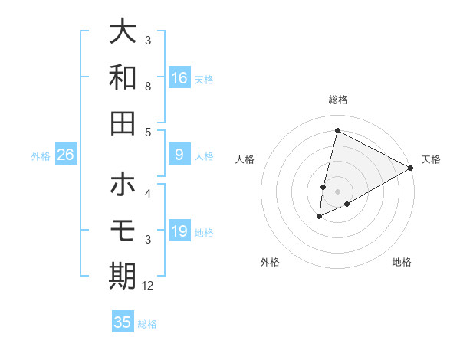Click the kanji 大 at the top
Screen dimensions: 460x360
pyautogui.click(x=123, y=31)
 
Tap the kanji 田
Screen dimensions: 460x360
pyautogui.click(x=123, y=123)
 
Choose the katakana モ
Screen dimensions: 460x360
pyautogui.click(x=123, y=230)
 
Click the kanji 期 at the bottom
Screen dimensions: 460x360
pyautogui.click(x=123, y=276)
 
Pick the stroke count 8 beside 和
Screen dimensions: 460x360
pyautogui.click(x=148, y=87)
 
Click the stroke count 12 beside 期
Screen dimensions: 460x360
pyautogui.click(x=148, y=286)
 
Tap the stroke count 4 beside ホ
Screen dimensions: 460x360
pyautogui.click(x=148, y=193)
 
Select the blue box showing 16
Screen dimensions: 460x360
pyautogui.click(x=179, y=77)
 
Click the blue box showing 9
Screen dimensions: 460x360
pyautogui.click(x=179, y=155)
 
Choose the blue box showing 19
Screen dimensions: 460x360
pyautogui.click(x=179, y=231)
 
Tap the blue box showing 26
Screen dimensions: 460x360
pyautogui.click(x=66, y=155)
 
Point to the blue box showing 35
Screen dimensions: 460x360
pyautogui.click(x=123, y=322)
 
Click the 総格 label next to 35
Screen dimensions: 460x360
pyautogui.click(x=147, y=324)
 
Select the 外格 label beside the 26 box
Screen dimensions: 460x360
pyautogui.click(x=41, y=156)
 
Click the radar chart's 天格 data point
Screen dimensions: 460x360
pyautogui.click(x=411, y=169)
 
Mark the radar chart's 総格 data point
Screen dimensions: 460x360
pyautogui.click(x=337, y=130)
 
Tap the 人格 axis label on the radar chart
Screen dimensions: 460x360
pyautogui.click(x=245, y=159)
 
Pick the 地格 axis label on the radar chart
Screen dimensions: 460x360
pyautogui.click(x=402, y=262)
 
